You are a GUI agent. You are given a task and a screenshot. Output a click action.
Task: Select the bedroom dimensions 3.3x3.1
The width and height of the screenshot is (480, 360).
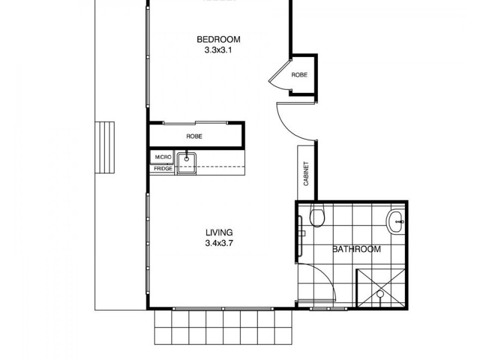coord(218,50)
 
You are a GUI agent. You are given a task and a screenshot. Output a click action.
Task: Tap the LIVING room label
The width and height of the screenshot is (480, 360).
coord(218,232)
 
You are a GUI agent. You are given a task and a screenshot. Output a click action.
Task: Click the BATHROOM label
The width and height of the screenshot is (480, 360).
coord(356,249)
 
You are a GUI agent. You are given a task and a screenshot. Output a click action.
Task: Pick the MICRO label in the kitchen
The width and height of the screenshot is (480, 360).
coord(163,157)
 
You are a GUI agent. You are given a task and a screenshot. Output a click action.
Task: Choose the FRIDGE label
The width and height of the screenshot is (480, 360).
coord(163,169)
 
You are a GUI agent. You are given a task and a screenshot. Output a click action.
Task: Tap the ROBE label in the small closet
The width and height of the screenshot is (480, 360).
coord(299,75)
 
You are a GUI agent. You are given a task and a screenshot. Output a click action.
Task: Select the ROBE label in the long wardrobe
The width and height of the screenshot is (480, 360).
coord(194,136)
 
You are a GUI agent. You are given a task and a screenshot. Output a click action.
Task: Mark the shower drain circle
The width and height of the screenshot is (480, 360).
coord(380,294)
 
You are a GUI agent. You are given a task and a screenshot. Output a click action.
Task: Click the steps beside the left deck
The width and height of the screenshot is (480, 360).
coord(106,148)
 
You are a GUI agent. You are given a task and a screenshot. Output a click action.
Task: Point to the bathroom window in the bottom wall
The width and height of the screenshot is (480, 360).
coord(329,308)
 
